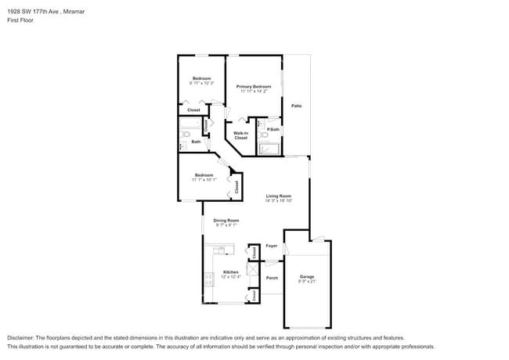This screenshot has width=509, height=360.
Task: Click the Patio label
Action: click(x=296, y=105)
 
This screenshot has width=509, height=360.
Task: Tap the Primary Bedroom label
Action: click(x=254, y=86)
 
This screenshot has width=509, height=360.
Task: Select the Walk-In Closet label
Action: click(x=240, y=135)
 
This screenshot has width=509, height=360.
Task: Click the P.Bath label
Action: click(x=273, y=129)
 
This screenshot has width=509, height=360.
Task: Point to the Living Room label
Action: click(x=278, y=196)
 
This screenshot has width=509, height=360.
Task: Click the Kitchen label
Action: click(x=230, y=272)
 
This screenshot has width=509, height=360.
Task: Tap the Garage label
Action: click(x=306, y=276)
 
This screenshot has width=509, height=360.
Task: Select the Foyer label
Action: click(x=272, y=246)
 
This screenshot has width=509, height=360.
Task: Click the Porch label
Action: click(x=272, y=278)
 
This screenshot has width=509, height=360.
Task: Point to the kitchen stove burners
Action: click(x=208, y=278)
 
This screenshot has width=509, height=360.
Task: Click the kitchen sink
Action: click(x=220, y=250)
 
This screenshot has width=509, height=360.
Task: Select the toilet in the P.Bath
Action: click(x=263, y=134)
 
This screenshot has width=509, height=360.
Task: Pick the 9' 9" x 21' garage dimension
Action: click(x=306, y=282)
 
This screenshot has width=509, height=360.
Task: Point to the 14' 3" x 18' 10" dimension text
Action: click(x=278, y=201)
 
